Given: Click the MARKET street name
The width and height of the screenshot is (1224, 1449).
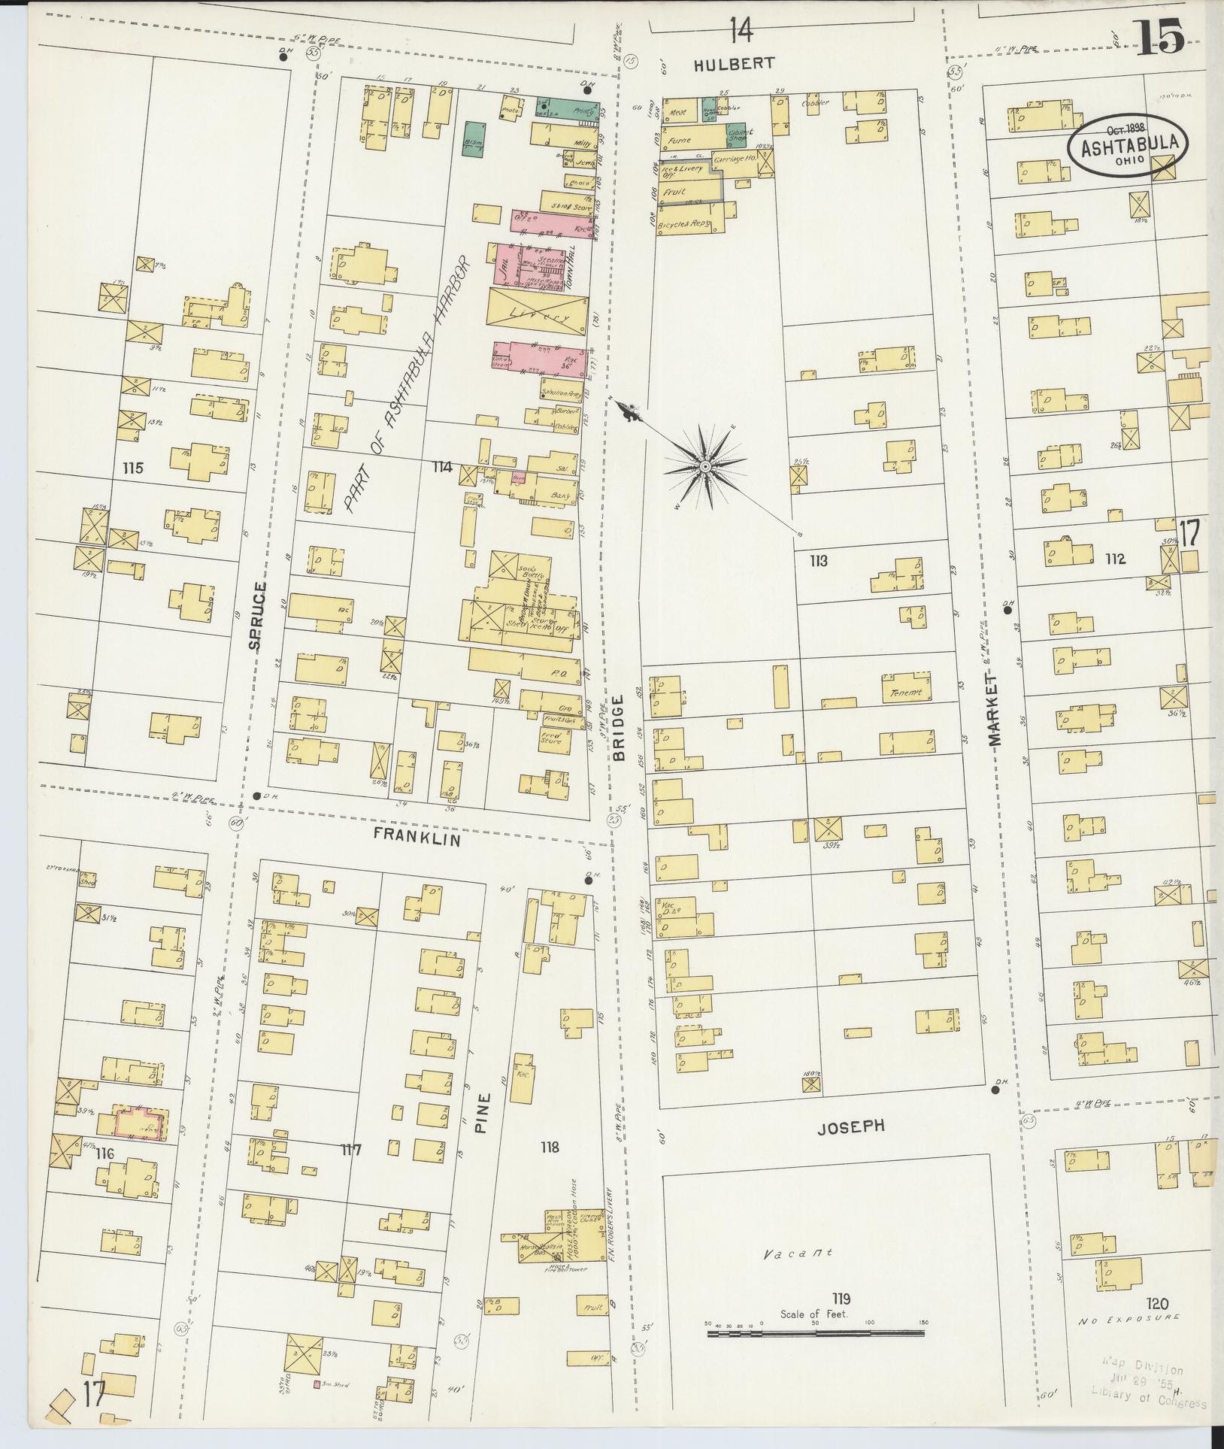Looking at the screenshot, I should click(x=995, y=710).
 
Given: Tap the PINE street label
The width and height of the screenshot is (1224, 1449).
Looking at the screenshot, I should click(x=483, y=1113).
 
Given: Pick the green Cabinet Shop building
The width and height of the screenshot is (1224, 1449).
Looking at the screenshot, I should click(x=736, y=134).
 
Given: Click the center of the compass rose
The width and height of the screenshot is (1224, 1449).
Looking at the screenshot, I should click(x=704, y=467).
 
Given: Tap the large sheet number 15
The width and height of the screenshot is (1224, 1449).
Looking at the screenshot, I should click(x=1160, y=38).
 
